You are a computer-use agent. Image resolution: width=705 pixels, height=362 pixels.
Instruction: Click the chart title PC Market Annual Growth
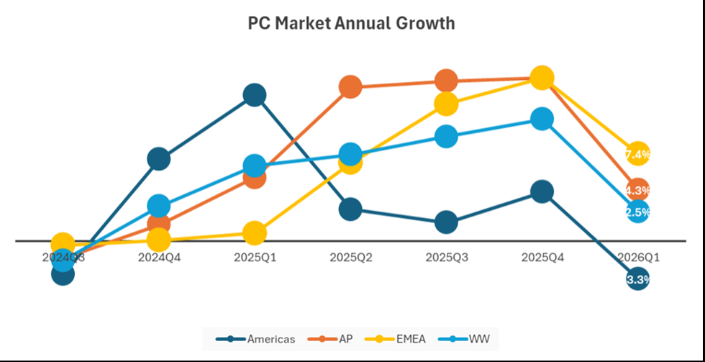(351, 23)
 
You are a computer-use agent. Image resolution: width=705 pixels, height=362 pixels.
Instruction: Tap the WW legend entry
(467, 338)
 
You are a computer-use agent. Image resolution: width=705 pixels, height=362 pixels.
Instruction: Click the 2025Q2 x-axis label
(350, 257)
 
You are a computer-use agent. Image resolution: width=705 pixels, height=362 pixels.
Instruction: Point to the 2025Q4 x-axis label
(542, 257)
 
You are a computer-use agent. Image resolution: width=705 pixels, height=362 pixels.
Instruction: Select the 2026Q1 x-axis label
(637, 257)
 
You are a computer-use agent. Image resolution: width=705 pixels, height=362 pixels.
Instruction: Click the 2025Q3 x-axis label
(446, 257)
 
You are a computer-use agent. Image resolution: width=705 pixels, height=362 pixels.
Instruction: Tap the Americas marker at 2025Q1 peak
(255, 95)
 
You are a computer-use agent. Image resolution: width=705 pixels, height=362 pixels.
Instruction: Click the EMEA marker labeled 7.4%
(637, 154)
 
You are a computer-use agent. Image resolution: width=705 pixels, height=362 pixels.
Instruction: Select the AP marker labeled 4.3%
(637, 190)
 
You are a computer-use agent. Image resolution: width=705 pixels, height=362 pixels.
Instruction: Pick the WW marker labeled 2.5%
(637, 212)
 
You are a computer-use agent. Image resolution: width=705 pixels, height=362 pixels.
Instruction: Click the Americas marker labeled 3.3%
(637, 279)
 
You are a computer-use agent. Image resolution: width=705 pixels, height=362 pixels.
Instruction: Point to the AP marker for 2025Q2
(350, 87)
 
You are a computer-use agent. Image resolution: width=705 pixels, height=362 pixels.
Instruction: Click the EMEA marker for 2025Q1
(255, 232)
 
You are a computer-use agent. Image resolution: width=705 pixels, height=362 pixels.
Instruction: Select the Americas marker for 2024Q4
(159, 158)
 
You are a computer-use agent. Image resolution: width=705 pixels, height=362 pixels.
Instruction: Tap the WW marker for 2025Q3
(446, 136)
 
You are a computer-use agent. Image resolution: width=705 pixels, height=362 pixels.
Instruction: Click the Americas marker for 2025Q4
(542, 191)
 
